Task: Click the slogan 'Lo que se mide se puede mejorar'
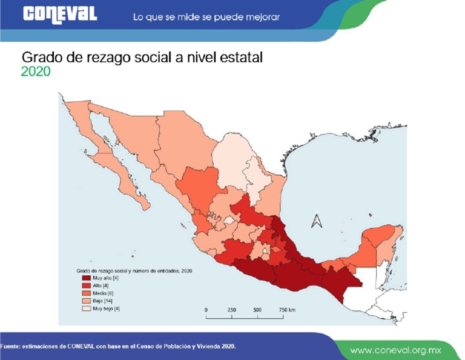(206, 17)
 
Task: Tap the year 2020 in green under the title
(35, 72)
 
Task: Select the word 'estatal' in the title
(243, 57)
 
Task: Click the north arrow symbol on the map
(316, 219)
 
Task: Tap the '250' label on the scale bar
(231, 310)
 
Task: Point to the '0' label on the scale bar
(206, 310)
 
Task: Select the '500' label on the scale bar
(257, 310)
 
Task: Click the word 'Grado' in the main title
(41, 57)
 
